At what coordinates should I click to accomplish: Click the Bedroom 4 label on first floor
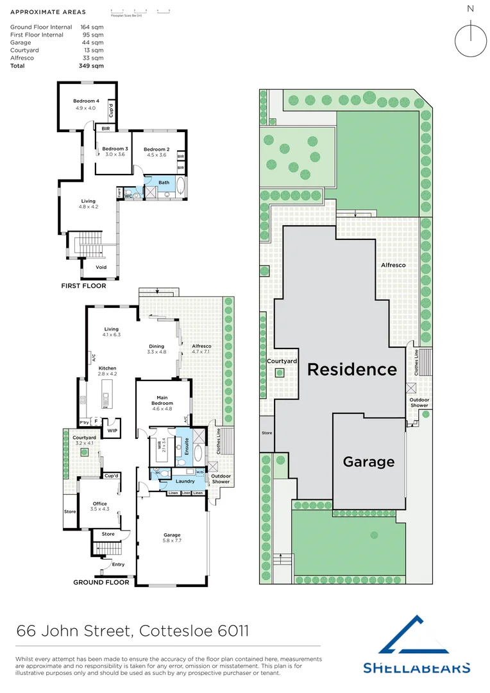pos(85,101)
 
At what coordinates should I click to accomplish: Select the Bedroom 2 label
pos(156,149)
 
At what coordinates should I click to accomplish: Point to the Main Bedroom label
pos(162,400)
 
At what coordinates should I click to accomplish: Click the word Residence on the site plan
pos(351,370)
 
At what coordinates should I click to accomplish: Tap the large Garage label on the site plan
pos(368,461)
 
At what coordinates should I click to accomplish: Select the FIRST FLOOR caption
pos(83,286)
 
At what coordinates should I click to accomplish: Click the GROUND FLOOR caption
pos(101,583)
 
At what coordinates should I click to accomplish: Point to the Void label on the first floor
pos(101,268)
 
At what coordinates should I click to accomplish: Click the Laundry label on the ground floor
pos(185,481)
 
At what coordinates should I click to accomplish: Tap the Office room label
pos(99,504)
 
